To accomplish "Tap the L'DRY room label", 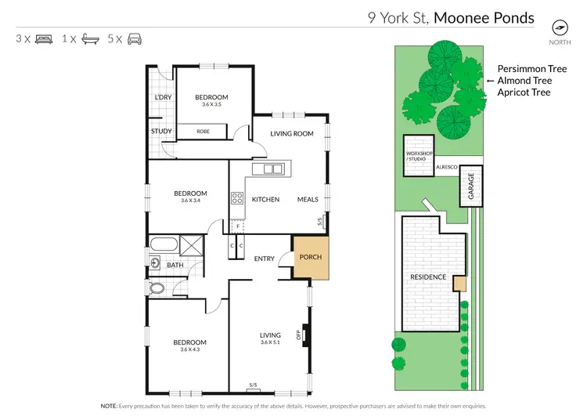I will (163, 97).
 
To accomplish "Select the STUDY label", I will (161, 132).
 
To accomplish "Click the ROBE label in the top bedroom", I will (203, 132).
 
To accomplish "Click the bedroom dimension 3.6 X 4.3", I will (190, 350).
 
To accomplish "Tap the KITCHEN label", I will (265, 200).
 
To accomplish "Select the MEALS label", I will (308, 200).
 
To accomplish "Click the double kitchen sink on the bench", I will (272, 168).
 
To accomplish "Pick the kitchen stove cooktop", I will (236, 199).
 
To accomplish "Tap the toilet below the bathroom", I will (157, 288).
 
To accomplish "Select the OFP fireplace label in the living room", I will (298, 335).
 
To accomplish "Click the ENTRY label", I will (265, 259).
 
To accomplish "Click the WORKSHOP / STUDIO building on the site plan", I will (417, 155).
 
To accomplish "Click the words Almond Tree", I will (524, 81).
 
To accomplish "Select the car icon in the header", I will (135, 38).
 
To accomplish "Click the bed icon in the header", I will (45, 38).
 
